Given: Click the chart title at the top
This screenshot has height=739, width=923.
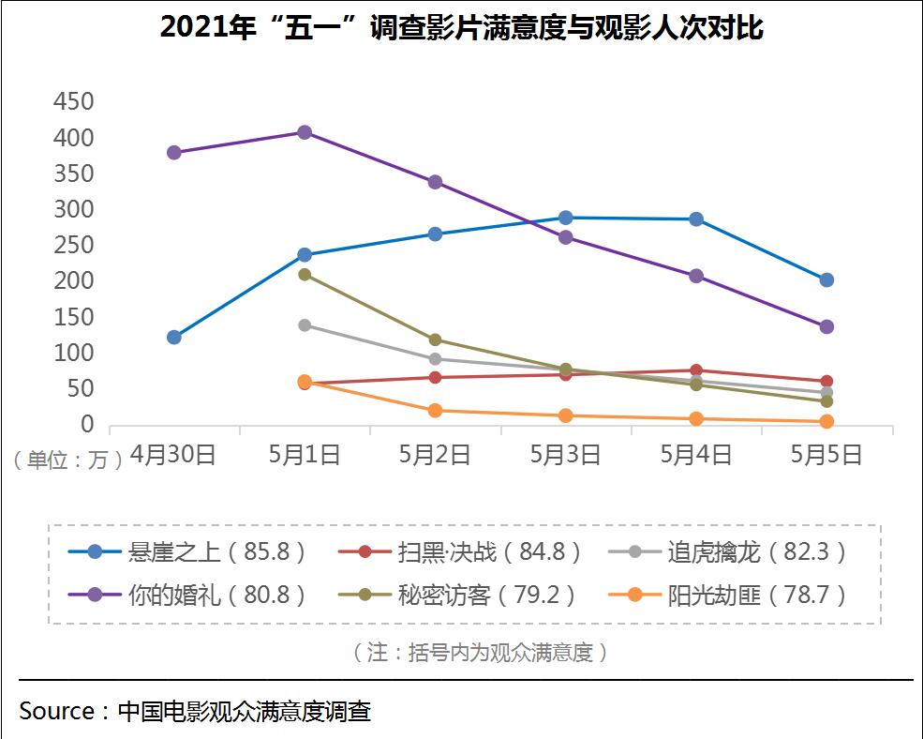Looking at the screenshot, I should point(461,28).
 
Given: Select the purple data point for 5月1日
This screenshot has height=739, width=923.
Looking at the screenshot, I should point(305,132).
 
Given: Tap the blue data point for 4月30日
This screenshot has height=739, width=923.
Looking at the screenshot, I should point(173,337).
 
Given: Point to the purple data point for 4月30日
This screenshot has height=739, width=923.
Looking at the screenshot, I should point(173,152).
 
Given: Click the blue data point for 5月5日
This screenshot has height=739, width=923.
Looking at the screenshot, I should point(826,279).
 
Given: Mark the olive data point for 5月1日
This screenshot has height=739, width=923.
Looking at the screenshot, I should point(305,274).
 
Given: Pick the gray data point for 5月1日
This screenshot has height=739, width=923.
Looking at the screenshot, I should point(305,324).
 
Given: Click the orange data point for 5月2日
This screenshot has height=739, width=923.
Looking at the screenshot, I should point(435,410).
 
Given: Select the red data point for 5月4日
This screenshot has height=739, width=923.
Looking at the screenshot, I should point(696,370).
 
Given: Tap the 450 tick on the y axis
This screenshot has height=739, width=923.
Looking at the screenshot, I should point(73,102).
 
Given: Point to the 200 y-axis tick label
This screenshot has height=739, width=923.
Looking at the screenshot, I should point(73,281).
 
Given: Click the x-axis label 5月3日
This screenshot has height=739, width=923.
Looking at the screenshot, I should point(565,455).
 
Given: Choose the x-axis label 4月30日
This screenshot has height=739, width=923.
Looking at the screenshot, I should point(173,455).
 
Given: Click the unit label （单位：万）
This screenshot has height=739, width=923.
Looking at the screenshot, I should point(67,460).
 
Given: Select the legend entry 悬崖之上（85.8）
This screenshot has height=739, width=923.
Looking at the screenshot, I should point(187,551).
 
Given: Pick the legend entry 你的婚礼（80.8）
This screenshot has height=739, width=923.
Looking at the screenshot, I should point(187,595).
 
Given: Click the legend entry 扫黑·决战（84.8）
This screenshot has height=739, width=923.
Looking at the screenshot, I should point(459,551).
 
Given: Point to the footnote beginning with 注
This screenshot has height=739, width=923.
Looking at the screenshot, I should point(480,653).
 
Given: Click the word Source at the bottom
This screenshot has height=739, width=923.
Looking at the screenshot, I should point(56,711).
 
